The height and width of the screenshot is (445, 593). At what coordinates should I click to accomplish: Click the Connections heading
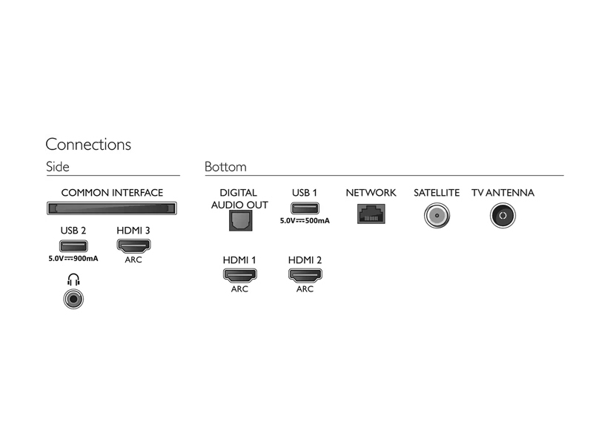(88, 145)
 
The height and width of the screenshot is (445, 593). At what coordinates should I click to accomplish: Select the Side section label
(58, 167)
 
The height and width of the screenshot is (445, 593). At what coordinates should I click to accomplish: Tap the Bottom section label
(225, 167)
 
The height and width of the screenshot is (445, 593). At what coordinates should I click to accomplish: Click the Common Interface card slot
(112, 208)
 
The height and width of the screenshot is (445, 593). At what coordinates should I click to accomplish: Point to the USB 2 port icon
(73, 246)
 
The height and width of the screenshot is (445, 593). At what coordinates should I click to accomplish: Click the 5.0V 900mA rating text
(73, 258)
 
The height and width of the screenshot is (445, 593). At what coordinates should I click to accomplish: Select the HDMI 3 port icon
(133, 246)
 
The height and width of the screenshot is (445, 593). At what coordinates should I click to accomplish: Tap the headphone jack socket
(73, 300)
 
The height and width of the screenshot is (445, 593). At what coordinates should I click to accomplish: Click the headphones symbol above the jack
(73, 280)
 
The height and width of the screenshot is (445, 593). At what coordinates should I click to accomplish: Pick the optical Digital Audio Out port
(240, 220)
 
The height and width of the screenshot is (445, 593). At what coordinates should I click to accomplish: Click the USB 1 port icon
(305, 208)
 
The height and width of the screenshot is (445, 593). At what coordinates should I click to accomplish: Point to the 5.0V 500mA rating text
(305, 220)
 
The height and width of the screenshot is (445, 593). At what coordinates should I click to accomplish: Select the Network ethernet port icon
(371, 214)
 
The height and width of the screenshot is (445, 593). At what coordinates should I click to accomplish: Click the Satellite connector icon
(437, 216)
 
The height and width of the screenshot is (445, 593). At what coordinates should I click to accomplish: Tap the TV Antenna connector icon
(503, 216)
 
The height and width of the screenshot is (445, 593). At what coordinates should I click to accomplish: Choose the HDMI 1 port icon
(239, 275)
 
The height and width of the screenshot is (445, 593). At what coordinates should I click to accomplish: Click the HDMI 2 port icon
(305, 275)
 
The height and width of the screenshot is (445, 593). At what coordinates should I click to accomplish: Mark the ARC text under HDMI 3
(133, 260)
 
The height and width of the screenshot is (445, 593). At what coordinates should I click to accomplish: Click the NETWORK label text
(371, 193)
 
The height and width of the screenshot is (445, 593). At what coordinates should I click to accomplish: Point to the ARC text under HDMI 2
(305, 289)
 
